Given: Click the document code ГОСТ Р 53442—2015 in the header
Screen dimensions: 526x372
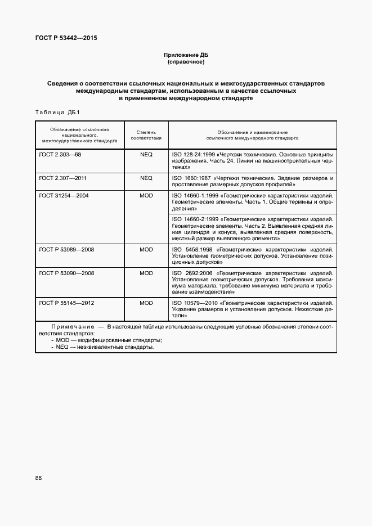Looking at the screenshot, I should [x=66, y=38].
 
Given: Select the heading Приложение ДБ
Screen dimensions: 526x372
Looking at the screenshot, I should [x=185, y=55].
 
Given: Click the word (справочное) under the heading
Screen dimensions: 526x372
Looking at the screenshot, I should [x=186, y=62].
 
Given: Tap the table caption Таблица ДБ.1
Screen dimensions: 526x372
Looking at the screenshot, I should [x=58, y=112].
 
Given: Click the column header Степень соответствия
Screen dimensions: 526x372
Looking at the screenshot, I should [x=146, y=134].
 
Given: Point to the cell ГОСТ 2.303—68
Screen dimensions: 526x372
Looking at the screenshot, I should [x=61, y=154].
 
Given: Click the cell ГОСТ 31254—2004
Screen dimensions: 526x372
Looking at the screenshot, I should [x=64, y=195].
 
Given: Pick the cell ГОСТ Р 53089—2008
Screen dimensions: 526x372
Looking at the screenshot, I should [x=66, y=249].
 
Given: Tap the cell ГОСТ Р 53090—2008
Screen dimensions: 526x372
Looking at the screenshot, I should [x=66, y=273].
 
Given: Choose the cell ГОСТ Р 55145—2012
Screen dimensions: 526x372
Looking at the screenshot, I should [x=66, y=303].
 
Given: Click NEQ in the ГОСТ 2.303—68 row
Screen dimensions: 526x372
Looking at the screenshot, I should [x=146, y=154].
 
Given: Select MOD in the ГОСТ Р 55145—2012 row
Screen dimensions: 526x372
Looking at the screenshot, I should [x=146, y=303].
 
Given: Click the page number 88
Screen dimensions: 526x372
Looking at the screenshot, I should [x=38, y=478].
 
